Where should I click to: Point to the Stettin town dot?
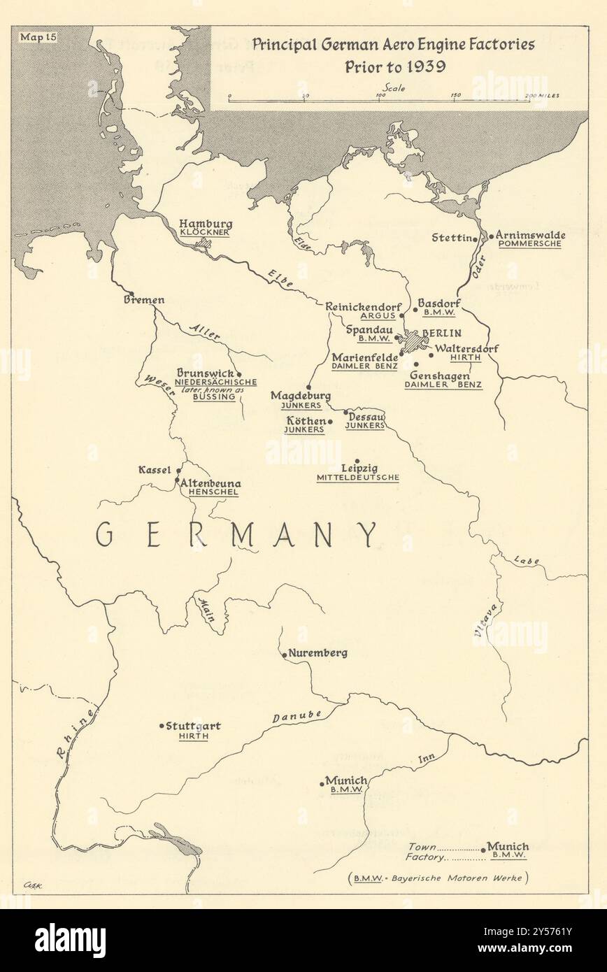pyautogui.click(x=475, y=238)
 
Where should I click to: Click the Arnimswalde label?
pyautogui.click(x=531, y=236)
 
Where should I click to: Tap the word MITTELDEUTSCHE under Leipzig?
pyautogui.click(x=358, y=478)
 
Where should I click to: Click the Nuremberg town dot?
pyautogui.click(x=283, y=655)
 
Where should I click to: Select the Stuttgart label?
pyautogui.click(x=194, y=726)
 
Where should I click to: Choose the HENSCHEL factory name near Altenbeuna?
pyautogui.click(x=208, y=492)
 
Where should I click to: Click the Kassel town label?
pyautogui.click(x=157, y=469)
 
